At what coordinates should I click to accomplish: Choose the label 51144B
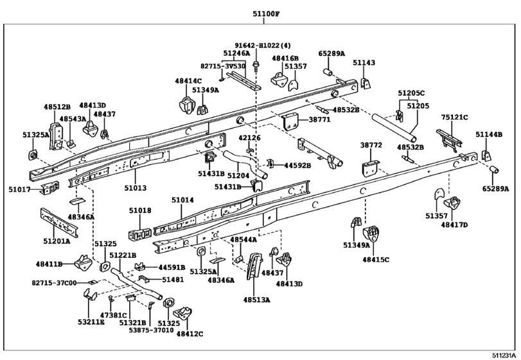[489, 134]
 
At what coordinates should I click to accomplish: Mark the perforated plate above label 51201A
[59, 222]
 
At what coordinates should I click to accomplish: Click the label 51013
[136, 188]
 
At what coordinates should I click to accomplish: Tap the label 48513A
[256, 300]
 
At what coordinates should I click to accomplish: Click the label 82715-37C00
[54, 283]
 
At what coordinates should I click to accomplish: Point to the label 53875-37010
[151, 330]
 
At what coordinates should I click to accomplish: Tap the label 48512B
[57, 107]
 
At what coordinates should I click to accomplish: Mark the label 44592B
[297, 165]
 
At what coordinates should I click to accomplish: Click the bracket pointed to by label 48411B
[83, 262]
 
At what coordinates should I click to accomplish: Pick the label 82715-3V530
[223, 66]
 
